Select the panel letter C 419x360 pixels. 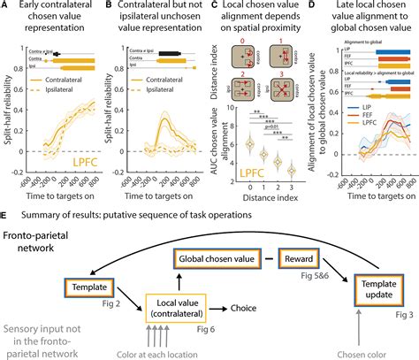pos(209,7)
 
